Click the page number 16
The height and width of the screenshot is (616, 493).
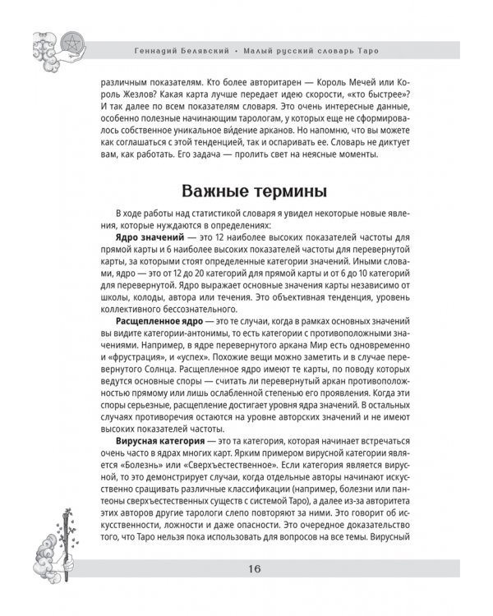(246, 591)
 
